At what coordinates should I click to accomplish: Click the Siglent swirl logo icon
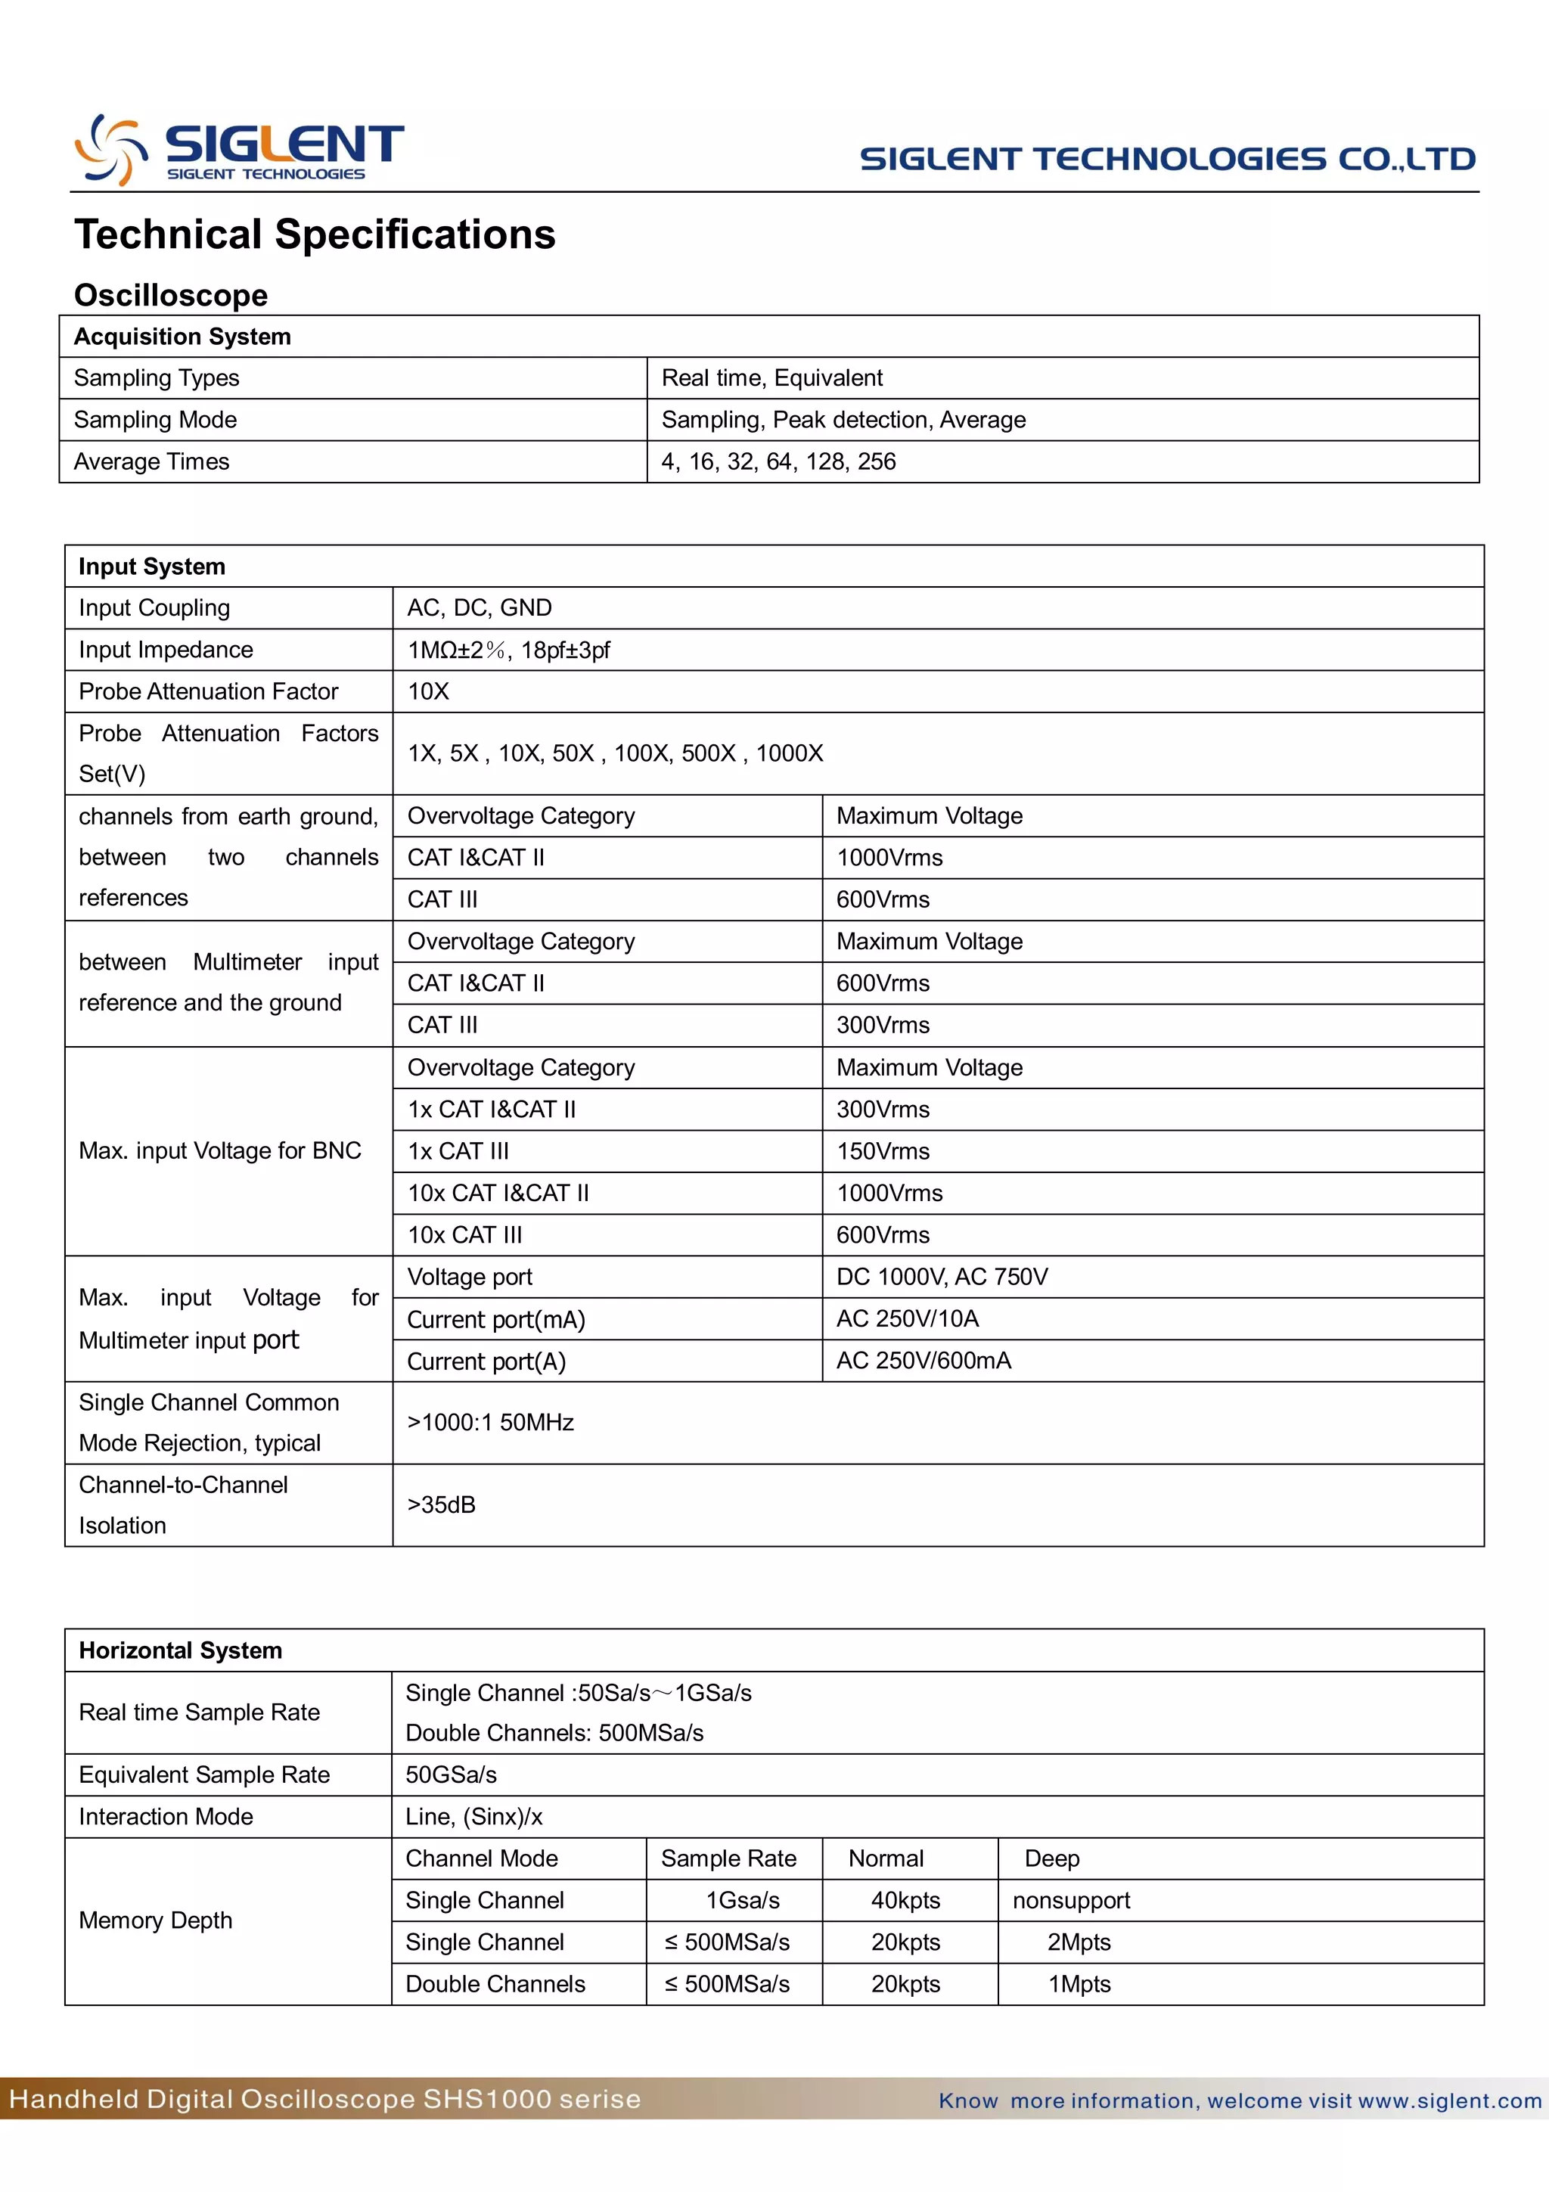pos(110,149)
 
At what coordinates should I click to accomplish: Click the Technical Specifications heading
pos(315,234)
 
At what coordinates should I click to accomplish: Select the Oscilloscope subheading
pos(171,295)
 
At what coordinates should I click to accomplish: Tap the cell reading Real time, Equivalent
pos(771,378)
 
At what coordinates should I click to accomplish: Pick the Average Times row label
pos(152,462)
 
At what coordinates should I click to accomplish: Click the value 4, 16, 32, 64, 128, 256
pos(778,462)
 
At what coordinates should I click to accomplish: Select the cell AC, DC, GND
pos(479,608)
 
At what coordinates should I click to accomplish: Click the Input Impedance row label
pos(166,650)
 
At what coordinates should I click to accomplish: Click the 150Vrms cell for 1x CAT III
pos(882,1151)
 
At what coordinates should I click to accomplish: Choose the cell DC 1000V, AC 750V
pos(941,1278)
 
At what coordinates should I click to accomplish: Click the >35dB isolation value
pos(441,1504)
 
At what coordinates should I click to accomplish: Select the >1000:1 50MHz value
pos(491,1423)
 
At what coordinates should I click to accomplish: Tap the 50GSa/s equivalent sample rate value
pos(451,1774)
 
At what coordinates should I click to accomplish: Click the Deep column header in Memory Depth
pos(1052,1858)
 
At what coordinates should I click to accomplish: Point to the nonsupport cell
pos(1071,1901)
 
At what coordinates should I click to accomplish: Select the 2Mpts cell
pos(1079,1943)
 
